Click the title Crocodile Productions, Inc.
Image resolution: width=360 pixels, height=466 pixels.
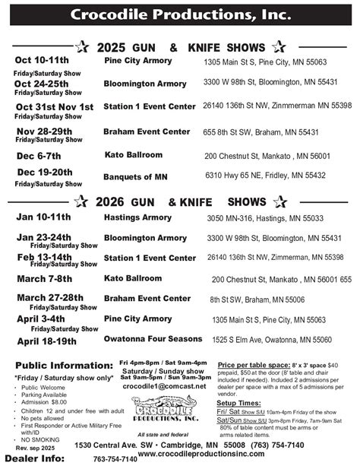point(180,14)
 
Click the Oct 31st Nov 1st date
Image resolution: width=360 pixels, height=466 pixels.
point(55,106)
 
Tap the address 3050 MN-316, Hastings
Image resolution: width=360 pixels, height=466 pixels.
point(265,217)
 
